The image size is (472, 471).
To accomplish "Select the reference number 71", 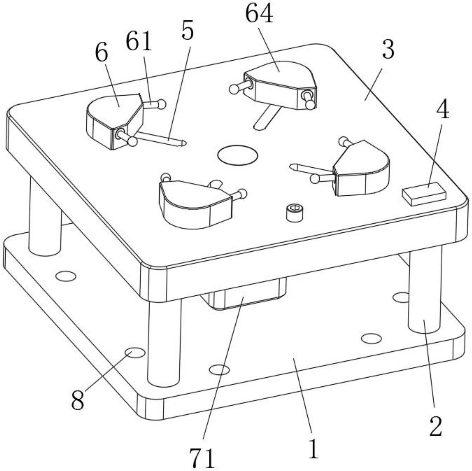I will pyautogui.click(x=202, y=458).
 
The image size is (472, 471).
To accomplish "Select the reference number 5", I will pyautogui.click(x=187, y=31).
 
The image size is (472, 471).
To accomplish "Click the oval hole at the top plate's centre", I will pyautogui.click(x=237, y=155).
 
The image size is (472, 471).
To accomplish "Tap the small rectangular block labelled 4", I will pyautogui.click(x=424, y=194).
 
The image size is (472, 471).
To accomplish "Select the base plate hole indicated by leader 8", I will pyautogui.click(x=135, y=353).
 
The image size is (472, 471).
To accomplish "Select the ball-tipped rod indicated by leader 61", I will pyautogui.click(x=155, y=105).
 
